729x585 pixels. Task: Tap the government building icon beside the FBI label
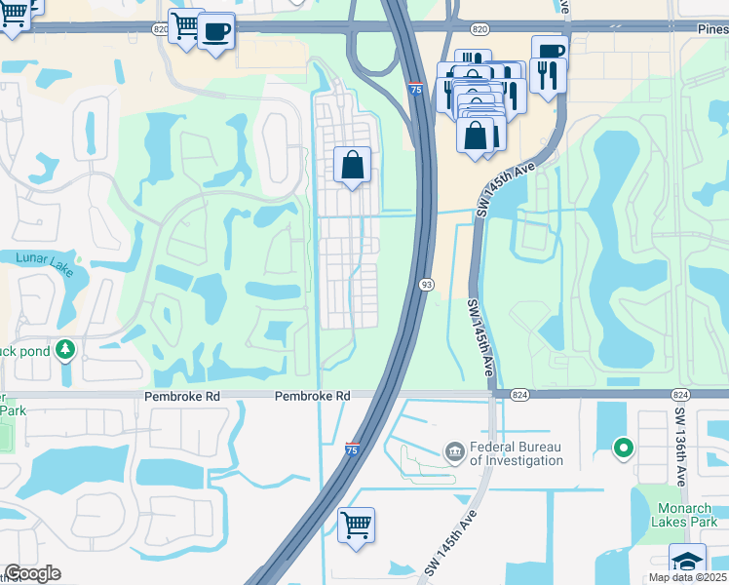pos(454,451)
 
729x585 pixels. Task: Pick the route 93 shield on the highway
pos(427,284)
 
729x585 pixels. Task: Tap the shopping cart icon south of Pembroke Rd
pos(356,525)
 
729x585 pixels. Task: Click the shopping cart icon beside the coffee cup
pos(185,26)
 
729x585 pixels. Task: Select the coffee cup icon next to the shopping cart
pos(215,30)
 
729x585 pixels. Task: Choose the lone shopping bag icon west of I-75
pos(352,165)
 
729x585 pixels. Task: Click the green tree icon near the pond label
pos(65,348)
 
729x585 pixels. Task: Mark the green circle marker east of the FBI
pos(623,448)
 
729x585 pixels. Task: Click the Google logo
pos(32,573)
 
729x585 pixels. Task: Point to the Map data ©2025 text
pos(687,577)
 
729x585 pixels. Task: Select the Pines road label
pos(712,28)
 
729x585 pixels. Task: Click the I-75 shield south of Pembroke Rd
pos(352,449)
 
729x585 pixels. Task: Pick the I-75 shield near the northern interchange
pos(416,89)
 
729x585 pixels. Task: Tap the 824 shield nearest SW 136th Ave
pos(680,394)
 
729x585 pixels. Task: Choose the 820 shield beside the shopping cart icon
pos(160,28)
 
